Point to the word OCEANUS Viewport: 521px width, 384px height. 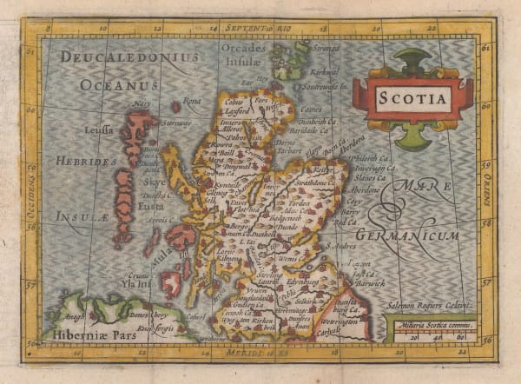pyautogui.click(x=119, y=85)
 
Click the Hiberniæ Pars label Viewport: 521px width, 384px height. pyautogui.click(x=84, y=334)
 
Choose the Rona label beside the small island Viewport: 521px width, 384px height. pyautogui.click(x=193, y=100)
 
